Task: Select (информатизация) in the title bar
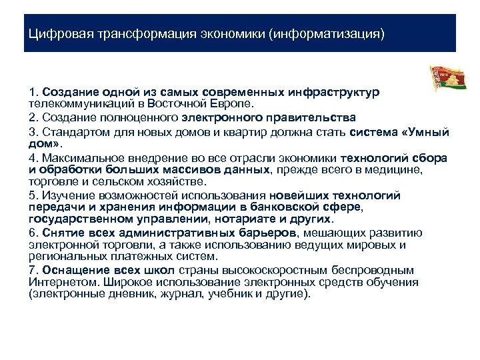(x=327, y=33)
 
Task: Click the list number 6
(x=33, y=233)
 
